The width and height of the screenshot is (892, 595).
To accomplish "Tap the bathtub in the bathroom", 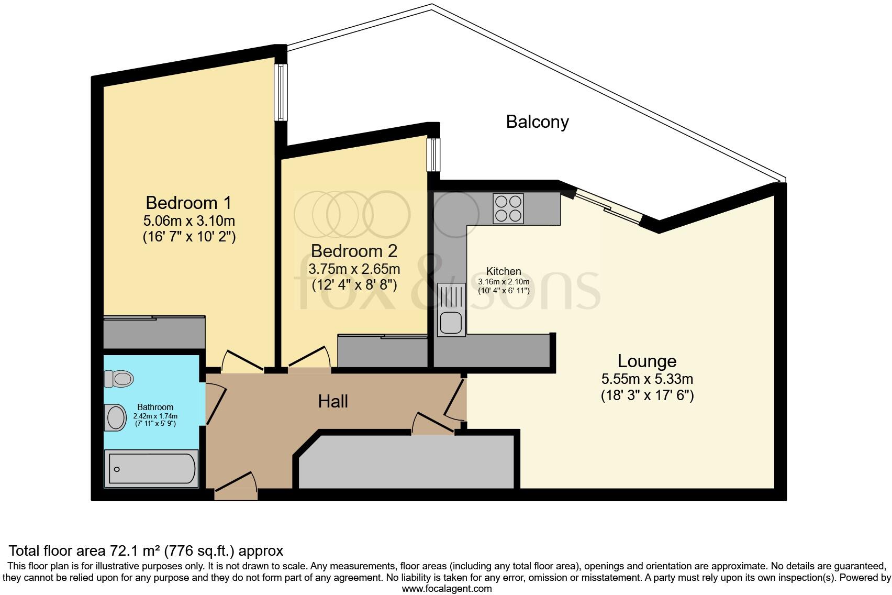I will click(x=152, y=469).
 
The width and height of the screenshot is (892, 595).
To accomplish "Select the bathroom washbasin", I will click(x=115, y=417).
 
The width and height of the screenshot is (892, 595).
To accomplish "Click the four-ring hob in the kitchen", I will click(x=508, y=208).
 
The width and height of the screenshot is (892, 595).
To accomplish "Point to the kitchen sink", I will click(x=451, y=322).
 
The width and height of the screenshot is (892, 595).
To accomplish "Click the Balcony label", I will click(x=537, y=122).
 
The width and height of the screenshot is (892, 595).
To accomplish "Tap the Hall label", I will click(x=333, y=402).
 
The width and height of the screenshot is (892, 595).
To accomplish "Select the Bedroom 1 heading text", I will click(x=188, y=203).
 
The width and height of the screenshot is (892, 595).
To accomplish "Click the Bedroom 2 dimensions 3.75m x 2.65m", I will click(x=354, y=269).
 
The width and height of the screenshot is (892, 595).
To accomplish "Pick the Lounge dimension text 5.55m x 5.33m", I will click(x=647, y=379).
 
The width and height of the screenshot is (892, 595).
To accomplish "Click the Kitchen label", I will click(x=504, y=271).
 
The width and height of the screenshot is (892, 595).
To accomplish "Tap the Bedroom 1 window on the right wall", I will click(x=281, y=92).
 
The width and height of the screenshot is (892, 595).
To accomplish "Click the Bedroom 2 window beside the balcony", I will click(x=433, y=154).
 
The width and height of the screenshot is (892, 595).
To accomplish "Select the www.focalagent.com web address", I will click(x=447, y=588).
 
